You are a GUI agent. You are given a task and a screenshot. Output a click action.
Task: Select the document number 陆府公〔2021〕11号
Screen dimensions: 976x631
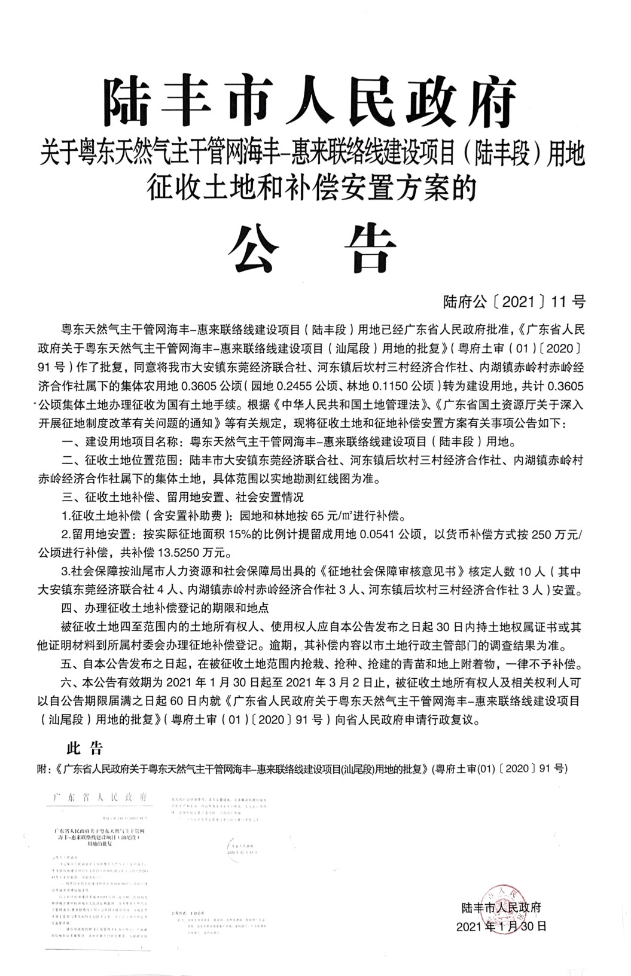pos(514,301)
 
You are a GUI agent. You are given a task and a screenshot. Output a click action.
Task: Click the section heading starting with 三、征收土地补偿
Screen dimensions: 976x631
pos(184,497)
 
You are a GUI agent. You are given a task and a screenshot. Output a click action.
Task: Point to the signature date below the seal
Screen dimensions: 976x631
pos(501,926)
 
